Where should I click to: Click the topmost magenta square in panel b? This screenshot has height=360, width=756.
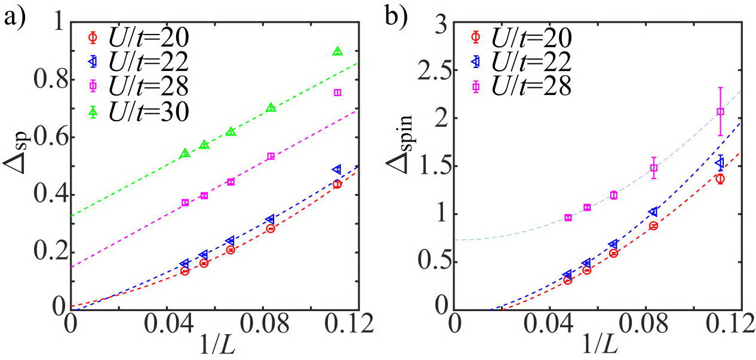tap(720, 112)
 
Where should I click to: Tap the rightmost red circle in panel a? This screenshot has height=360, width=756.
tap(337, 184)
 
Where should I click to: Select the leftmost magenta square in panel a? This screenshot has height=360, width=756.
tap(185, 202)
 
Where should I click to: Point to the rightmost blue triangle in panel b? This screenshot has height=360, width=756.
tap(720, 162)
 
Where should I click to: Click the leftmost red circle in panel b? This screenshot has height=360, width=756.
tap(568, 280)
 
